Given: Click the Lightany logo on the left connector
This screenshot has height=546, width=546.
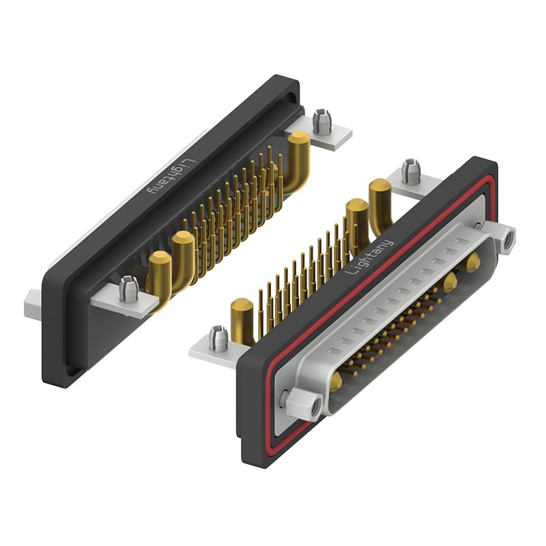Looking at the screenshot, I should [167, 178].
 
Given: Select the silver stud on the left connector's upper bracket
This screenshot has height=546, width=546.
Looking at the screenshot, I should [320, 122].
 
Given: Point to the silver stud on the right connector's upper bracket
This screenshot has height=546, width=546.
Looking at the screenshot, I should [409, 171].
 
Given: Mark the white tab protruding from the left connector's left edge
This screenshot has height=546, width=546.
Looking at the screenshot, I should [33, 304].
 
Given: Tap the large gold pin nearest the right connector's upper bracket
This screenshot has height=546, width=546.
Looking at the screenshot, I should [379, 199].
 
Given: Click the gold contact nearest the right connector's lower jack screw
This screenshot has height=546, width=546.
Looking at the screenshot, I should [336, 384].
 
